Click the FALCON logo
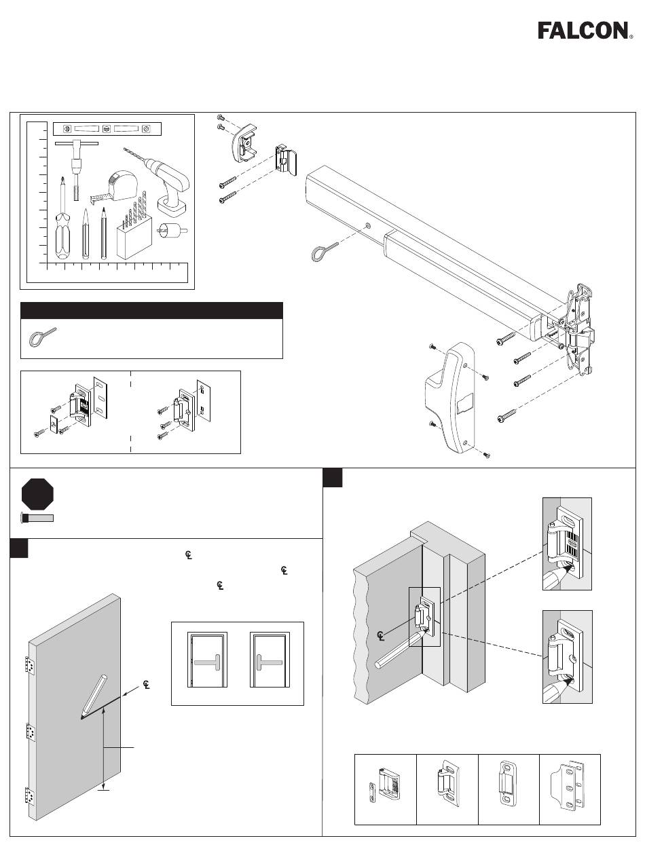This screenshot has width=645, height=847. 585,31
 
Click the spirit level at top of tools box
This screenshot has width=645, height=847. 107,129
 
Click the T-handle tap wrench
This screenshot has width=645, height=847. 77,170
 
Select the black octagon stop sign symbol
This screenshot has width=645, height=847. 37,494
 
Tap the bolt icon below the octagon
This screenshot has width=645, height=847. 37,519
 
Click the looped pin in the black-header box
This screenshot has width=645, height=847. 42,337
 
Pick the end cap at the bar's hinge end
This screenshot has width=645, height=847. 244,142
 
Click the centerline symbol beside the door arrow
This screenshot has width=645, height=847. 146,685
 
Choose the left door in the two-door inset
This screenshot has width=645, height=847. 207,660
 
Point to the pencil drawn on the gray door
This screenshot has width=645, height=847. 94,696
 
